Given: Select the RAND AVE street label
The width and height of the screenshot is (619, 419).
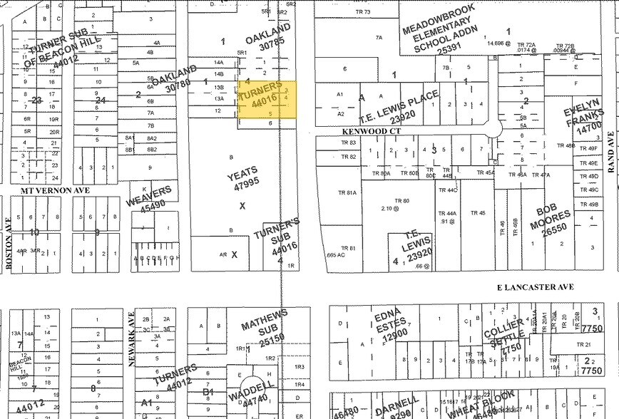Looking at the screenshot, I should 611,152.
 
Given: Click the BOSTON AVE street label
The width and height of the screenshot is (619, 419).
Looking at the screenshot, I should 9,242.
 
